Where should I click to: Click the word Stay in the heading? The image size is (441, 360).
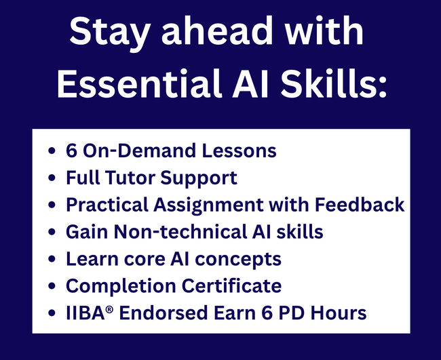point(109,33)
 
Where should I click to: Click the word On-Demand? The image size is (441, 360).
point(140,151)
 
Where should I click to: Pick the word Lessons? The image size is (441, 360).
point(239,151)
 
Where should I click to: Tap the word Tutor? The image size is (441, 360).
point(130,178)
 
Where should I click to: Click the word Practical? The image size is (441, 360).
point(107,205)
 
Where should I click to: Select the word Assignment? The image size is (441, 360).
point(208,205)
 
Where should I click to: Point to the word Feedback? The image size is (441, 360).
point(360,205)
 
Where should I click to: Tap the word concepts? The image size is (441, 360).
point(238,260)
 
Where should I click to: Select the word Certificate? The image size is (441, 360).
point(231,285)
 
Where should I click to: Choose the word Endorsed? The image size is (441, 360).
point(164,313)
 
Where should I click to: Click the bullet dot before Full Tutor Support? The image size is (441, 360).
point(52,178)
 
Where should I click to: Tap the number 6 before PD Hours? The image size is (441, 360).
point(267,313)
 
